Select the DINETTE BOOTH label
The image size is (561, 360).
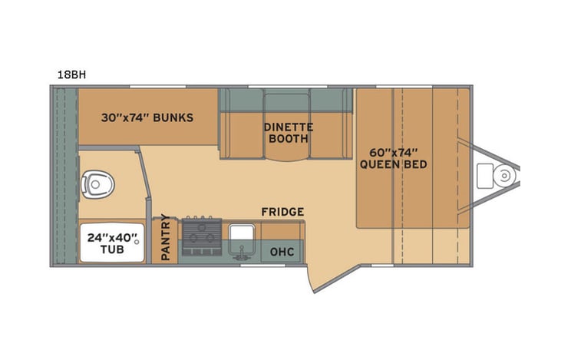[x=285, y=133]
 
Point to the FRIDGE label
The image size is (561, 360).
[x=282, y=212]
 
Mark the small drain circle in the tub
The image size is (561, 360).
[x=137, y=242]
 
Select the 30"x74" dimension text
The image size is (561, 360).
[x=124, y=118]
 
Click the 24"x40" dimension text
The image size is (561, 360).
[x=111, y=237]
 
